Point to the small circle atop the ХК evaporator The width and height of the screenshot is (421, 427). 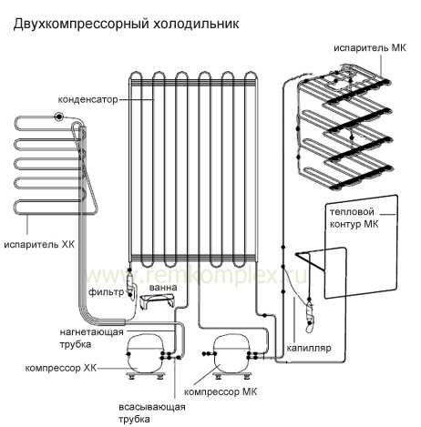pyautogui.click(x=58, y=117)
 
